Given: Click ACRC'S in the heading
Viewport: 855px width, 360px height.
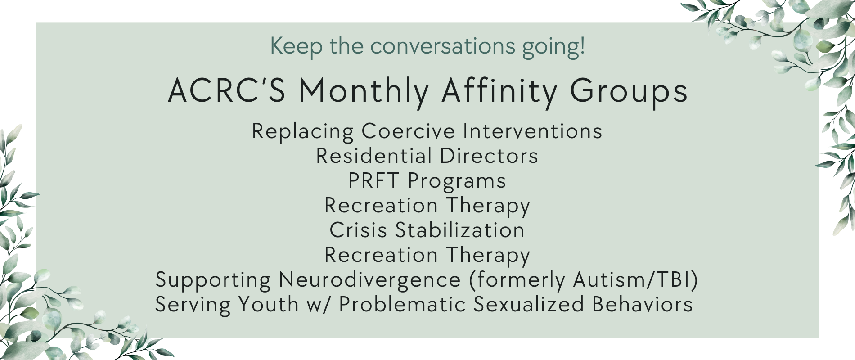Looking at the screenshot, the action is point(227,90).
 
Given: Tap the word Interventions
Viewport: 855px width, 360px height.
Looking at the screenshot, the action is point(533,131).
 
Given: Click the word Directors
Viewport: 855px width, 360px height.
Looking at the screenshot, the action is point(489,156).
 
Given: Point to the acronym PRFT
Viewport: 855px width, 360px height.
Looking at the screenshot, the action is point(374,180).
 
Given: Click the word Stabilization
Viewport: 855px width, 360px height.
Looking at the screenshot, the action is point(460,230).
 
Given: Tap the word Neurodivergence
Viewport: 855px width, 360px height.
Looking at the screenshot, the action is point(370,279).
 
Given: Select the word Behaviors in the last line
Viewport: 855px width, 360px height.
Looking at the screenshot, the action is point(643,304).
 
